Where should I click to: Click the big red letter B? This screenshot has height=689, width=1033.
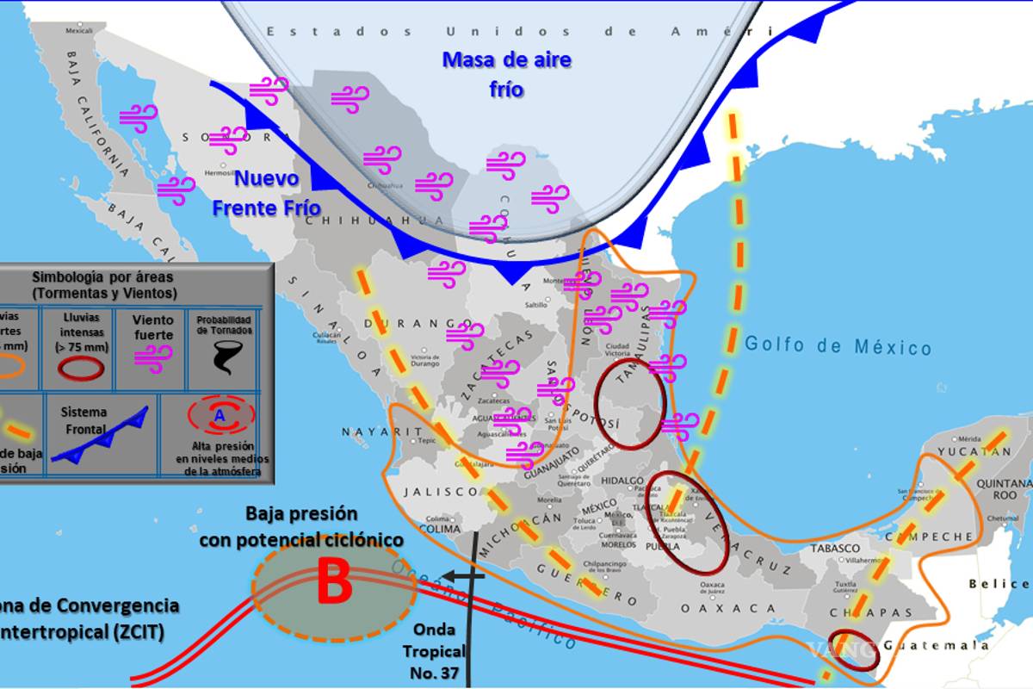(334, 583)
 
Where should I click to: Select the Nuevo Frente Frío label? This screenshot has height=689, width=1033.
(267, 193)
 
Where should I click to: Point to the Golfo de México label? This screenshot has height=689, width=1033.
(838, 345)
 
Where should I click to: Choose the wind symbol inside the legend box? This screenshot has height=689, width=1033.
(153, 358)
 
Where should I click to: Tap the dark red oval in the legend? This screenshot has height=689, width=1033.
(79, 368)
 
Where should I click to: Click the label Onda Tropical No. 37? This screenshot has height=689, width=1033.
(438, 651)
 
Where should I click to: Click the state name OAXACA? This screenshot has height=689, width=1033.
(716, 608)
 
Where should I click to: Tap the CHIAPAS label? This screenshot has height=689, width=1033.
(858, 612)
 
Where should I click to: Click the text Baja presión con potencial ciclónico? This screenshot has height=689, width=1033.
(301, 526)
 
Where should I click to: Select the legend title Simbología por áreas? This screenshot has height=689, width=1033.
(102, 285)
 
